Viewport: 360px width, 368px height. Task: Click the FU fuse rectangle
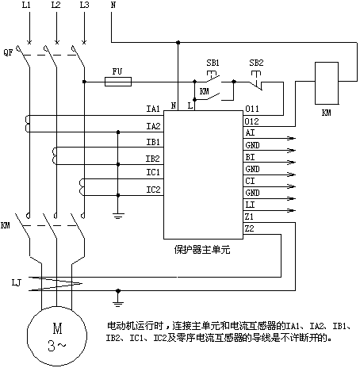coord(118,82)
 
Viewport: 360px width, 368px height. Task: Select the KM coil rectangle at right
coord(327,83)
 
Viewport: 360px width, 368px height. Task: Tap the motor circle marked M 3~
coord(57,336)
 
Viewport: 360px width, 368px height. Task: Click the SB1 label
coord(213,63)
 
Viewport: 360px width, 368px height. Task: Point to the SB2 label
coord(256,63)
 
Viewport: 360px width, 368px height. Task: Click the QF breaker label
coord(8,52)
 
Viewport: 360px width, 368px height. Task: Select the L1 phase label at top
coord(26,5)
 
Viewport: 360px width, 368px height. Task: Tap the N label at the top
coord(113,5)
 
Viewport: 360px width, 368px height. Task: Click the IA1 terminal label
coord(153,109)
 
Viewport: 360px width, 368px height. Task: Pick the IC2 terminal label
coord(153,190)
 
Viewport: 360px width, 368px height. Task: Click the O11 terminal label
coord(252,109)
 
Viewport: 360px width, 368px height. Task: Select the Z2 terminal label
coord(249,228)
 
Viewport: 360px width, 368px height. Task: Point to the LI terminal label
coord(250,205)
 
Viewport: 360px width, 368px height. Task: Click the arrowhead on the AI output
coord(292,138)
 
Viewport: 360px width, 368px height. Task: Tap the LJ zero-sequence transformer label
coord(16,283)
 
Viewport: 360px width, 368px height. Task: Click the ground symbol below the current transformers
coord(118,216)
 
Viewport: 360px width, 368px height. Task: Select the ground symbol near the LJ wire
coord(118,303)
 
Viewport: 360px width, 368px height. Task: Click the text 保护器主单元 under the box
coord(202,250)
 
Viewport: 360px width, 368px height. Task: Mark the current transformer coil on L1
coord(27,124)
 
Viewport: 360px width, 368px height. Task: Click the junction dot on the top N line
coord(178,42)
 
